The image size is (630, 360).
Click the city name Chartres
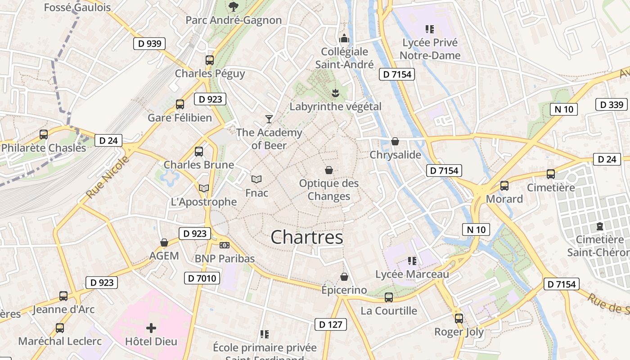307,237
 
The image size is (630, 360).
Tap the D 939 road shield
149,44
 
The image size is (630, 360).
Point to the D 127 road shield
331,324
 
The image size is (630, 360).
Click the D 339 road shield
612,104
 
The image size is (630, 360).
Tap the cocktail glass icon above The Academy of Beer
269,119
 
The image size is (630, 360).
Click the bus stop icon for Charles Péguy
210,60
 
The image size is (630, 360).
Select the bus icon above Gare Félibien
180,104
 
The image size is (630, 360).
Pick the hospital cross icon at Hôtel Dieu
151,328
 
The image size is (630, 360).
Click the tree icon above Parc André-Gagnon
233,6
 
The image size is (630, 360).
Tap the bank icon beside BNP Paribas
224,245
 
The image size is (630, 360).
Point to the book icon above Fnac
256,180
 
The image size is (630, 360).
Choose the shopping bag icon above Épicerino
344,276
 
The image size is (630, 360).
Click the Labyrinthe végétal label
335,107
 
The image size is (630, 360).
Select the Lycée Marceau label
412,274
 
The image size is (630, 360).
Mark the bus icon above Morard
504,185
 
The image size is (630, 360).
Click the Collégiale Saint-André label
344,58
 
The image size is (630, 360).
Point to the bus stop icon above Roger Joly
459,319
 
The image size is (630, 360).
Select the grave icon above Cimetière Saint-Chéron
600,226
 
